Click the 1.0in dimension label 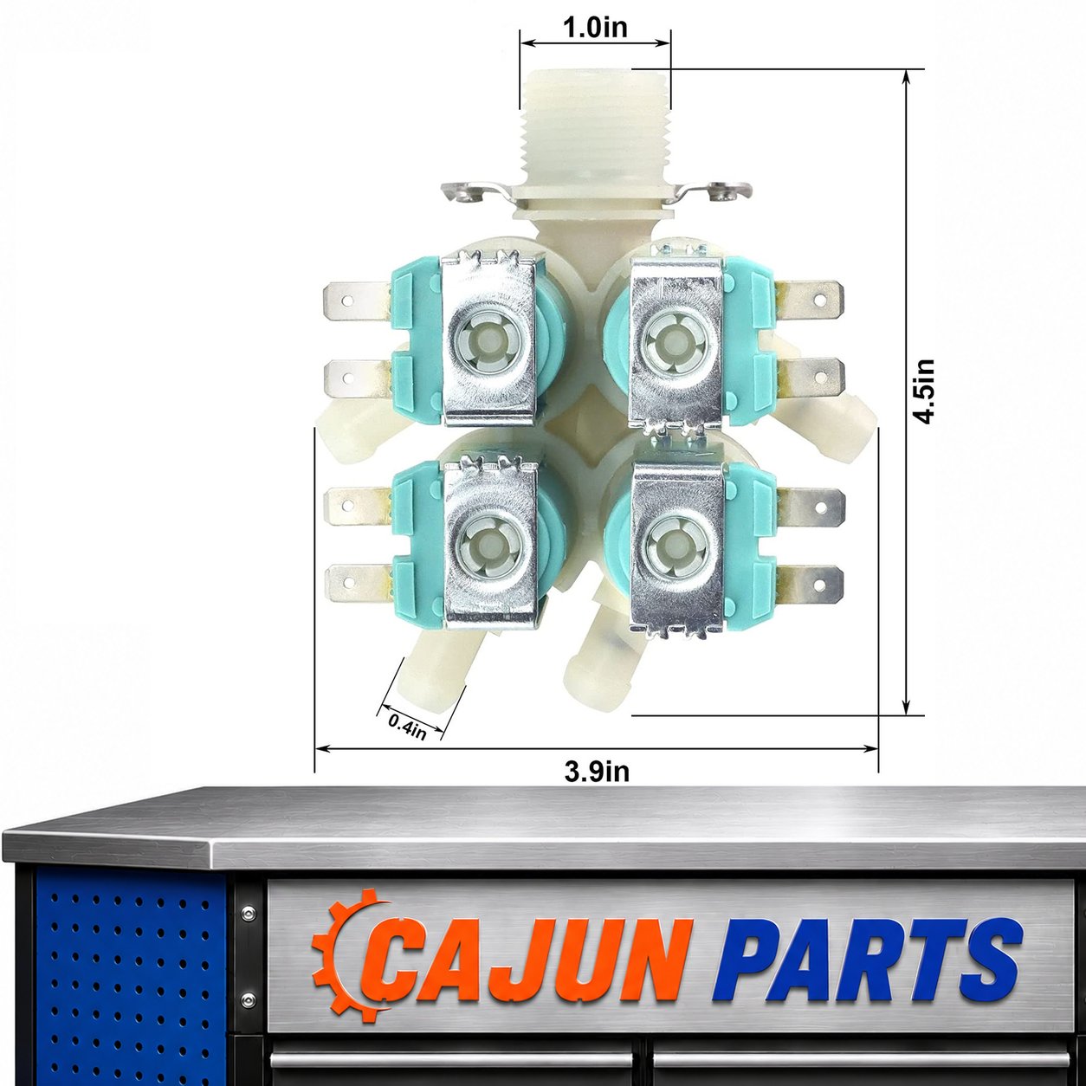point(596,28)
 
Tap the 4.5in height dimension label point(924,391)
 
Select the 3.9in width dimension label point(597,772)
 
